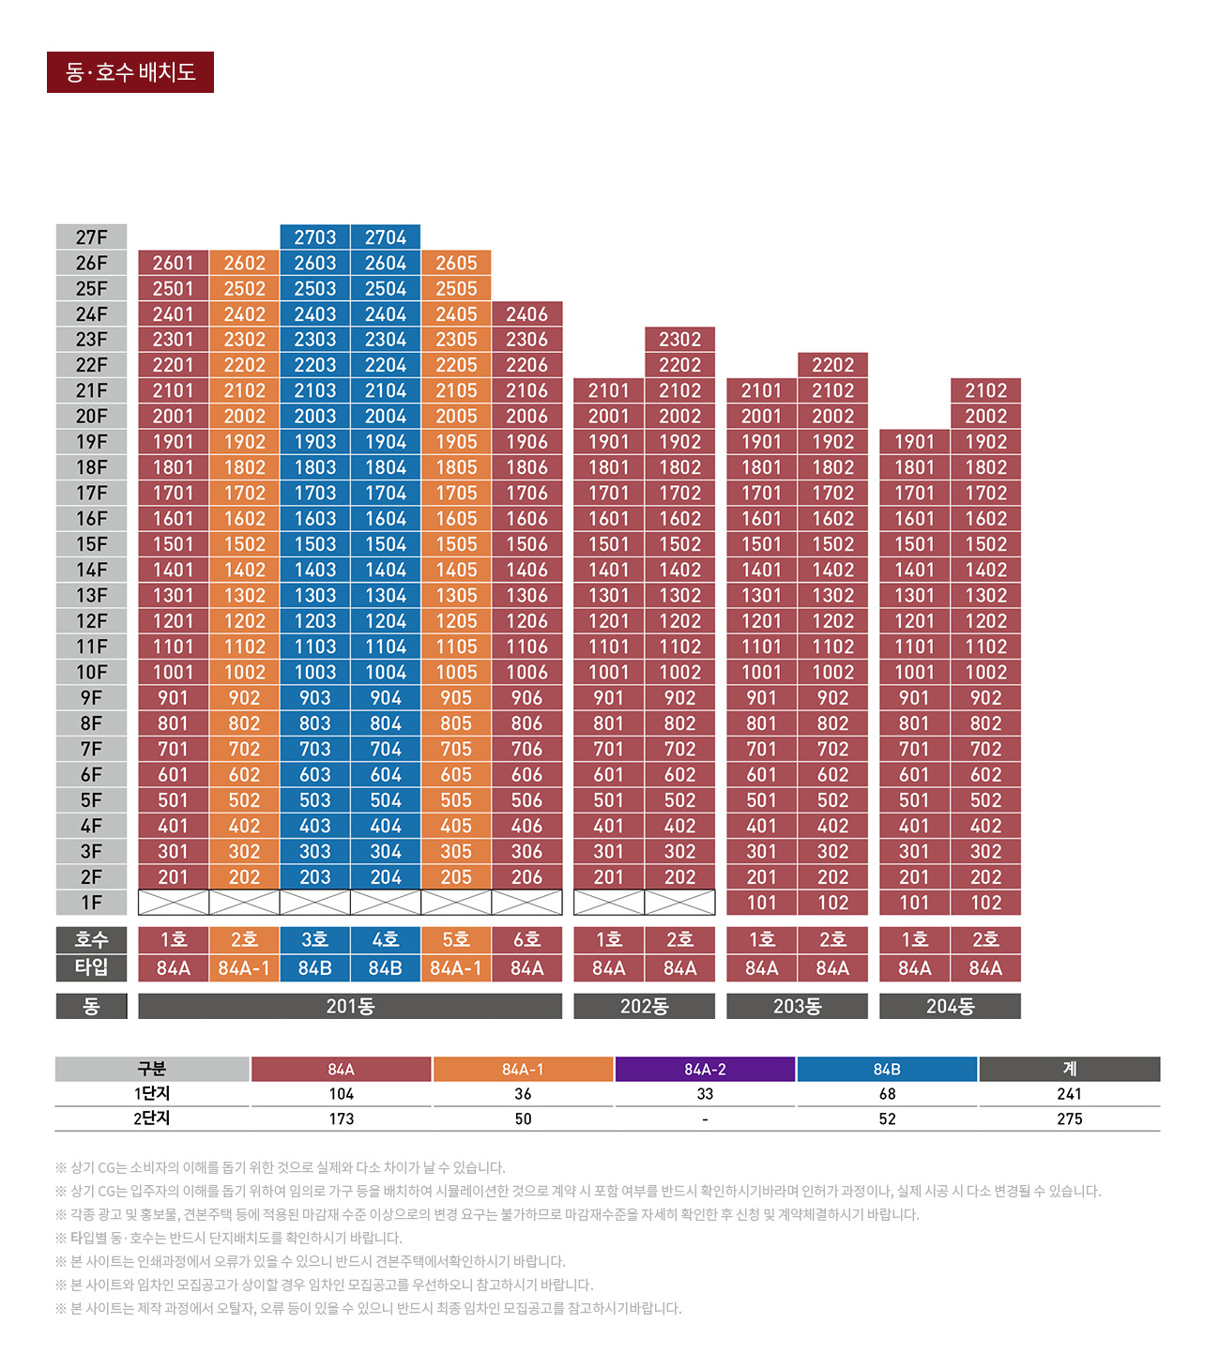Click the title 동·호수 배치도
(130, 72)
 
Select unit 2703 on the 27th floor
(314, 237)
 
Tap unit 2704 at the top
(386, 237)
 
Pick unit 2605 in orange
(456, 263)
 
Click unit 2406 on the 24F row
(526, 314)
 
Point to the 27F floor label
(91, 237)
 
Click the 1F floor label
(91, 903)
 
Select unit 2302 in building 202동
(679, 340)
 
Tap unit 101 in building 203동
(761, 903)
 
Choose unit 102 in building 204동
(985, 903)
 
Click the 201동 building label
(350, 1006)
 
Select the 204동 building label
(950, 1006)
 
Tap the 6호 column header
(526, 939)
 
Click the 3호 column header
(314, 939)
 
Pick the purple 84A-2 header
(705, 1069)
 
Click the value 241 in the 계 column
(1069, 1094)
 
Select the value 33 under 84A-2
(705, 1094)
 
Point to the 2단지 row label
(152, 1118)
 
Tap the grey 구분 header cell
(152, 1069)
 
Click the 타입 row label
(91, 967)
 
